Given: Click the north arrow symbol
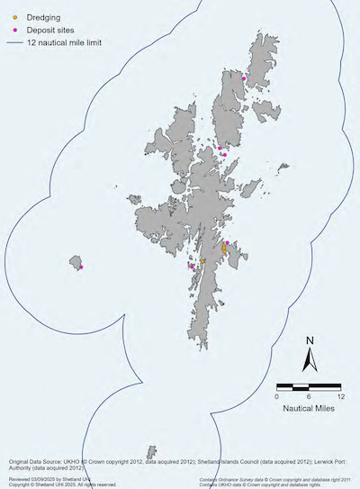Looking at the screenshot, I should pyautogui.click(x=308, y=360).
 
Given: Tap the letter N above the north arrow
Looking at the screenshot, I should pyautogui.click(x=309, y=340).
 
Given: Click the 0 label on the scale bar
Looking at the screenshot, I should pyautogui.click(x=277, y=395).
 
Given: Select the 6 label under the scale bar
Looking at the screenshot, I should pyautogui.click(x=309, y=395).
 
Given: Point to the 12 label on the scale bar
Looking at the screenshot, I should pyautogui.click(x=339, y=395).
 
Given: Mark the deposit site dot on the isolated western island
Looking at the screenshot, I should pyautogui.click(x=81, y=267).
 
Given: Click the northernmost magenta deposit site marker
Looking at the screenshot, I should pyautogui.click(x=244, y=78).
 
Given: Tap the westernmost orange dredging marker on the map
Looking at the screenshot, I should pyautogui.click(x=202, y=261).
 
